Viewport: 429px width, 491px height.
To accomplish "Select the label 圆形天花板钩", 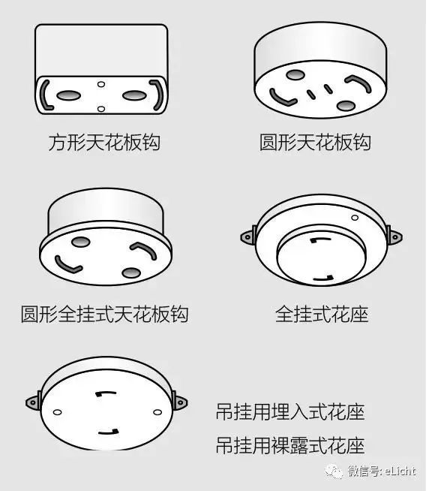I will pos(316,141).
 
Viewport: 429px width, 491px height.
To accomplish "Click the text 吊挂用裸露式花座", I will pos(290,445).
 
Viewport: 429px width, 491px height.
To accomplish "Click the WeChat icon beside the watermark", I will pos(334,471).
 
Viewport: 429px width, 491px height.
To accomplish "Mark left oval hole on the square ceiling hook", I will pos(67,95).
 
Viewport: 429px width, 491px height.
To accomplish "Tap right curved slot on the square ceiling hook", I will pos(156,95).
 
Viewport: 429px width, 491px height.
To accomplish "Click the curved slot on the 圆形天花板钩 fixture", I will pos(283,98).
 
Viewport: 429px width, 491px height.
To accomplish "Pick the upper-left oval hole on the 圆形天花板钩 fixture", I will pos(295,75).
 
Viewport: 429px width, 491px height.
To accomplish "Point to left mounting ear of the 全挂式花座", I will pos(247,237).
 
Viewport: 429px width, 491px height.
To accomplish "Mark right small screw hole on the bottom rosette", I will pos(157,411).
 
